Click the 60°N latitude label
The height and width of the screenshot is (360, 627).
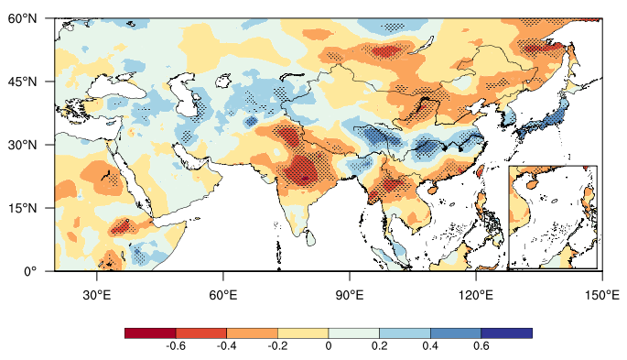click(x=22, y=18)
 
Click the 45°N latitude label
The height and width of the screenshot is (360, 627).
click(x=22, y=82)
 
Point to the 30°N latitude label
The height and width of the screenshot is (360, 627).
click(x=22, y=145)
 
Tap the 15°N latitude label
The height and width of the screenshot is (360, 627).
click(x=22, y=208)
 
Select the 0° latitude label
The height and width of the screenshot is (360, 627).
click(x=29, y=271)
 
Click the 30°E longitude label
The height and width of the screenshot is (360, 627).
click(x=96, y=296)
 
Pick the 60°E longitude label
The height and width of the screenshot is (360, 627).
click(x=222, y=296)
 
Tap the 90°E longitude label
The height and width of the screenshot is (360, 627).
click(x=350, y=296)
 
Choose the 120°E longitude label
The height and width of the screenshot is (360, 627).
click(x=475, y=296)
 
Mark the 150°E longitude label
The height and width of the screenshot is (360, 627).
click(x=602, y=296)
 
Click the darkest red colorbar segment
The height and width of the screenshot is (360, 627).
click(x=150, y=333)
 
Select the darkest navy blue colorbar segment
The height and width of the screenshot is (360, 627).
click(x=507, y=333)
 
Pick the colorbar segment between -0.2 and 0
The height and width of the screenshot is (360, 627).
click(x=303, y=333)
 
